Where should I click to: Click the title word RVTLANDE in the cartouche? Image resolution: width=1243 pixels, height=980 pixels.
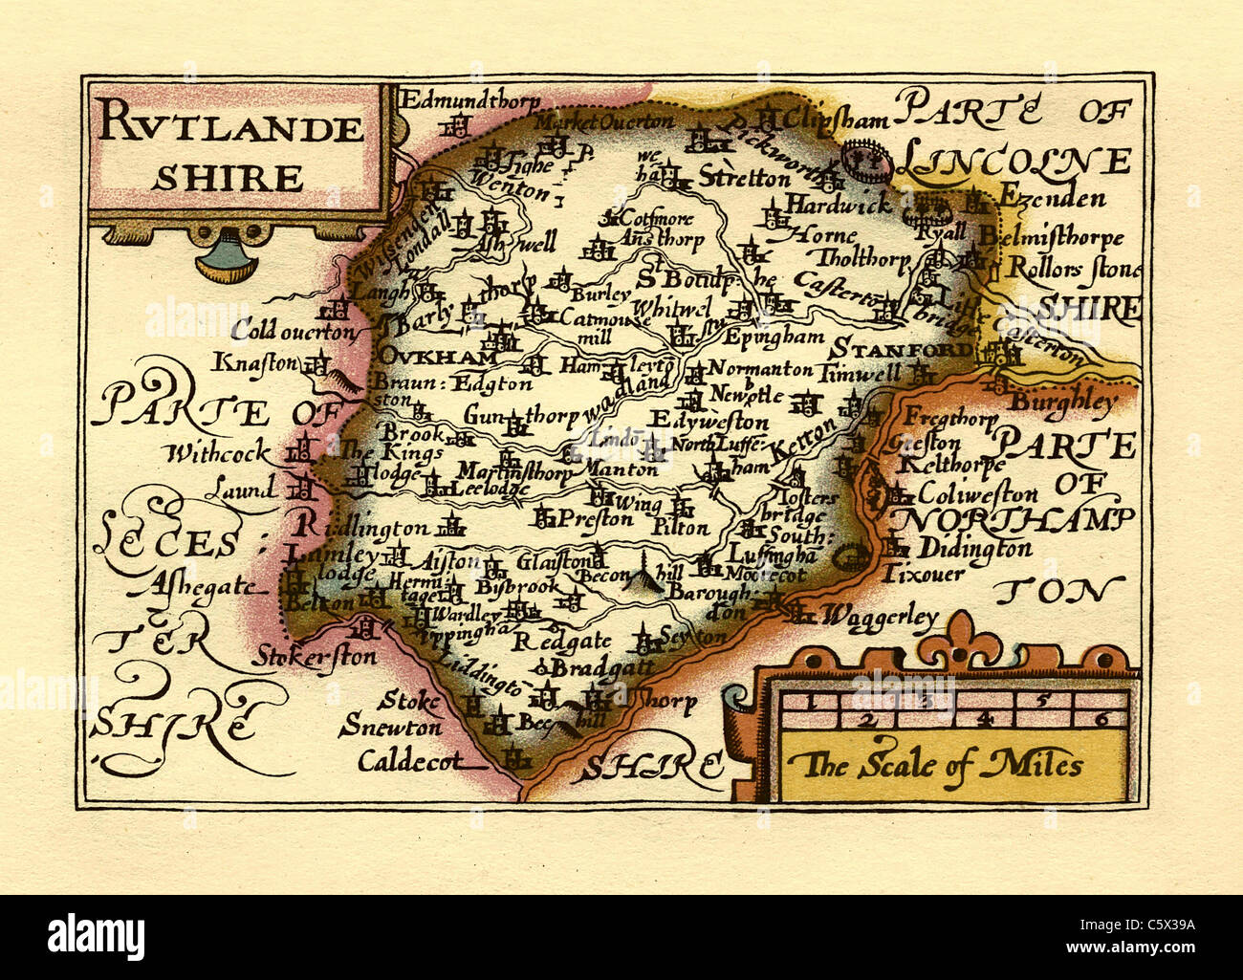tap(230, 127)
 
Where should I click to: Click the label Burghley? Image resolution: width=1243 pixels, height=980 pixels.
tap(1063, 402)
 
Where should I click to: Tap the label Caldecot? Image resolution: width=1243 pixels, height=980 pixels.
tap(409, 761)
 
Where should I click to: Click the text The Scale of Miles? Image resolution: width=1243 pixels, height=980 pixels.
tap(942, 765)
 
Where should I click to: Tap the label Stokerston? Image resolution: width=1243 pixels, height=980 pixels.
tap(316, 657)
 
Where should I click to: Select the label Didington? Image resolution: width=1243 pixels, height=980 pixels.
tap(973, 549)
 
